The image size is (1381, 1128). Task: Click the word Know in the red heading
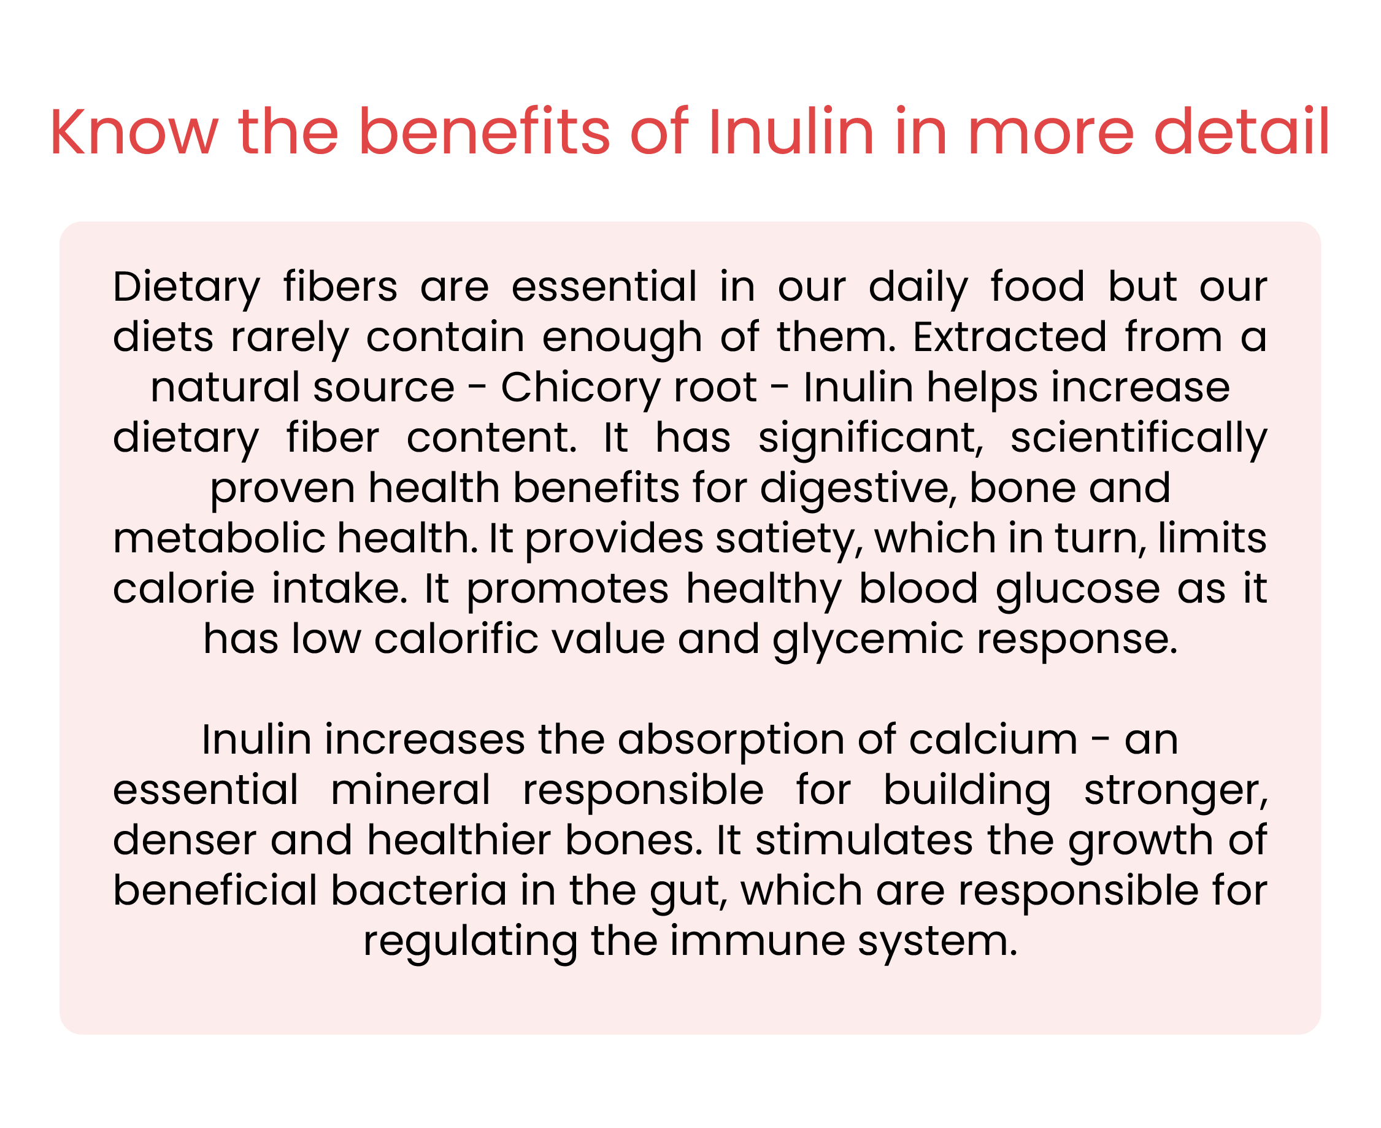pos(134,132)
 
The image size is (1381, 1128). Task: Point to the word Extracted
pos(1010,336)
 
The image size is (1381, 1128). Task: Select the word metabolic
pos(220,538)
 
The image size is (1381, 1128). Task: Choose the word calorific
pos(456,639)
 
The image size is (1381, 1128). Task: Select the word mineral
pos(410,789)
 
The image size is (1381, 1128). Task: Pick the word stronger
pos(1175,792)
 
